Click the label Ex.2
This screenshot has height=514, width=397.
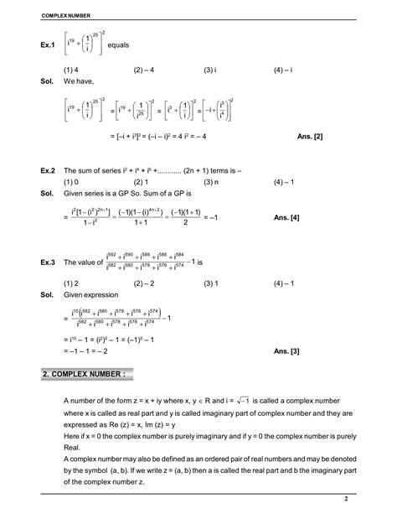(x=48, y=170)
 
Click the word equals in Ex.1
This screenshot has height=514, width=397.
(x=141, y=44)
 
